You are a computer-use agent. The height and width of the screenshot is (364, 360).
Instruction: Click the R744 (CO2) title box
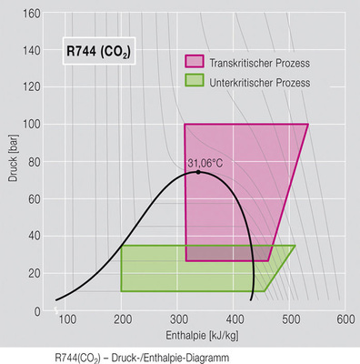(x=98, y=52)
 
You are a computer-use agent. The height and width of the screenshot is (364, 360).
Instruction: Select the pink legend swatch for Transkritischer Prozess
(x=195, y=62)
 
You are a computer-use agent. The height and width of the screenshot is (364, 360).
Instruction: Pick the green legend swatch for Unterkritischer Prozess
(x=195, y=81)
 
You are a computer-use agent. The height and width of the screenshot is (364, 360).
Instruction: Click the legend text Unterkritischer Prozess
(x=258, y=82)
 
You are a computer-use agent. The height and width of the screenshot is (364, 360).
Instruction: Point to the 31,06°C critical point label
(x=205, y=164)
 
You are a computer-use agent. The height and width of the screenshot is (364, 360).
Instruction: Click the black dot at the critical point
(x=198, y=172)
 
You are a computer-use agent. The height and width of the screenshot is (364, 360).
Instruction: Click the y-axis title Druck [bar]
(x=13, y=162)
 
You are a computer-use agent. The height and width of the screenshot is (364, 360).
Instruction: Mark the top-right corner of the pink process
(x=308, y=125)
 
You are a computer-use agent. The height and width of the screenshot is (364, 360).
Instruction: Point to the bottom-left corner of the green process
(x=122, y=291)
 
